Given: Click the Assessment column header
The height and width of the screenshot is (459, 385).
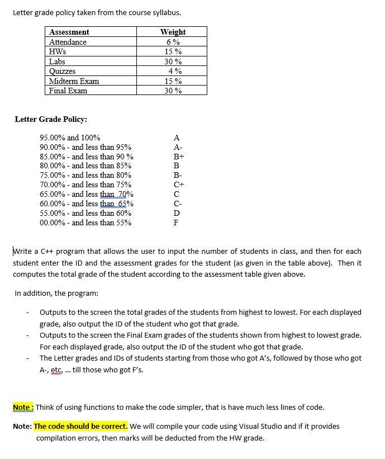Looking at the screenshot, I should click(x=69, y=32).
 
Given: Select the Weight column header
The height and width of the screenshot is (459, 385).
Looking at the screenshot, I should click(x=173, y=32).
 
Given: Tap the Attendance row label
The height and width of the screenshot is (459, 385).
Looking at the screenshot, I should click(x=68, y=42).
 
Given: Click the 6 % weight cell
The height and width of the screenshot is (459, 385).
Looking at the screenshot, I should click(x=173, y=42).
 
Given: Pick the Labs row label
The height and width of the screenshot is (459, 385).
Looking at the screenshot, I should click(x=57, y=61).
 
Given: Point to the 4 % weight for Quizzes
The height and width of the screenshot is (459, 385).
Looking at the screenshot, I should click(x=175, y=71).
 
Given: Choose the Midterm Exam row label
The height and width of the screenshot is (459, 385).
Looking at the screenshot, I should click(x=74, y=81).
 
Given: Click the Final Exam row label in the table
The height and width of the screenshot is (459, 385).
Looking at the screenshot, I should click(x=68, y=91).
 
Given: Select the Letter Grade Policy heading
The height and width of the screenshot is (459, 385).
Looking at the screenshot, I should click(x=50, y=119).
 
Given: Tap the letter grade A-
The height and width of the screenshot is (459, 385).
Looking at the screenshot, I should click(x=177, y=147).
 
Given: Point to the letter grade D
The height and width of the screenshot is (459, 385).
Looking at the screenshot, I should click(x=177, y=213).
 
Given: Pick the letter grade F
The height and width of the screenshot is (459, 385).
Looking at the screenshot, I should click(x=177, y=223).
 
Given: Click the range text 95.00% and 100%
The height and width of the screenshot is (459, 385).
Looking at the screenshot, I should click(x=70, y=138).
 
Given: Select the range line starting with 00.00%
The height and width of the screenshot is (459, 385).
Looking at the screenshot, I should click(x=85, y=223).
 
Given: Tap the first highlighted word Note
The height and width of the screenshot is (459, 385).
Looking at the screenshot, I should click(x=22, y=407).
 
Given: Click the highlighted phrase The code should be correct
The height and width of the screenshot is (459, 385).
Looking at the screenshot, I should click(x=81, y=427).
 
